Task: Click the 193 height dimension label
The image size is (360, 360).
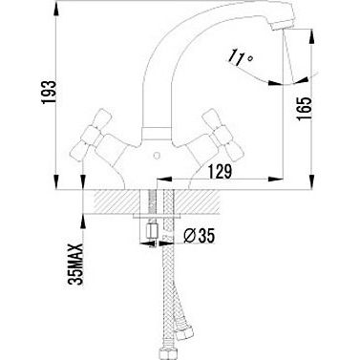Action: click(x=48, y=93)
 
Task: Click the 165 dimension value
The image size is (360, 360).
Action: click(x=303, y=109)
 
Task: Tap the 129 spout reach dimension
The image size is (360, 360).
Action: click(x=220, y=172)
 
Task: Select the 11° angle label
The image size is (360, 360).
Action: click(x=241, y=58)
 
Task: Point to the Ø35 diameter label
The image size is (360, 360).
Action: click(x=200, y=236)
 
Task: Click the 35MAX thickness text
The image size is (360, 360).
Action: click(x=76, y=264)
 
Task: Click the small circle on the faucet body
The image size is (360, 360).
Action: click(x=156, y=157)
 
